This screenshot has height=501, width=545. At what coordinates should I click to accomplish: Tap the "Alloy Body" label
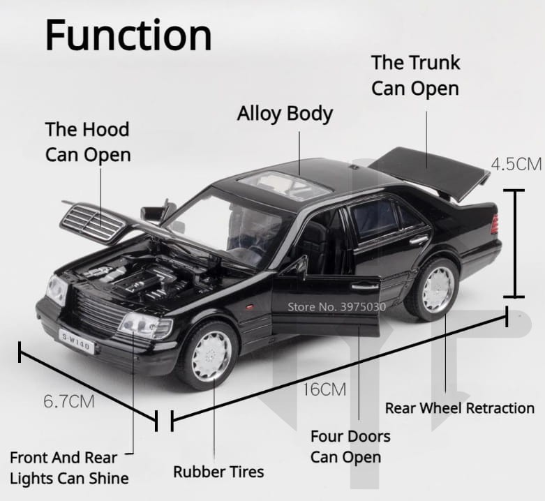285,114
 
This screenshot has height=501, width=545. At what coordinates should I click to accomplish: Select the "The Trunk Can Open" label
415,75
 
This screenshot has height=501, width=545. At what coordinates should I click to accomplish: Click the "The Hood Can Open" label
88,142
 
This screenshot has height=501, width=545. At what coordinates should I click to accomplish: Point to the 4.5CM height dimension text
516,165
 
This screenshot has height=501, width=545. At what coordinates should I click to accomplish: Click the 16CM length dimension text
324,389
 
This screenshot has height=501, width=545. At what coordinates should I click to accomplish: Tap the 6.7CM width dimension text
68,401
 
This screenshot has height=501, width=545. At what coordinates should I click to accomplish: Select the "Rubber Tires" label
218,472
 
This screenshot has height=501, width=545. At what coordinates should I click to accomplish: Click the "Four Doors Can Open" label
350,447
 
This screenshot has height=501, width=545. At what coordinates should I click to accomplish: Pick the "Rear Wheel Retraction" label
459,407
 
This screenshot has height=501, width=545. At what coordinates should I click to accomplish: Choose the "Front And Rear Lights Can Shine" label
69,468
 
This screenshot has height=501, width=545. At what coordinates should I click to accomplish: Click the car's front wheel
208,355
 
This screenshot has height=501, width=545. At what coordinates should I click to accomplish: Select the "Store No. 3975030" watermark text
337,306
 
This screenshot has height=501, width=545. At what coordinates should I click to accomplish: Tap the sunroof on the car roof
285,186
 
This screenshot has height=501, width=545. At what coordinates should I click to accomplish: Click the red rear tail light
495,224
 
